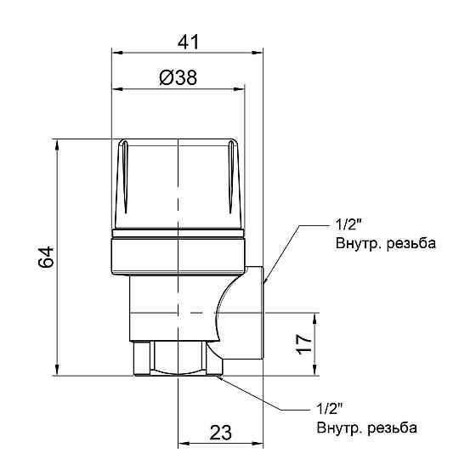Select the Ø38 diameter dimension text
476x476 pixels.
178,77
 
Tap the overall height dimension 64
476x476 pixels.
46,257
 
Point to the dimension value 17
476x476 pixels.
303,344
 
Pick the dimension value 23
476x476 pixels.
219,432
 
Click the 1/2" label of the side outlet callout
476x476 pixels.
348,227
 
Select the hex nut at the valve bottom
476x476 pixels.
177,357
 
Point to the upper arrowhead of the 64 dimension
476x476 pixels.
57,144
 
